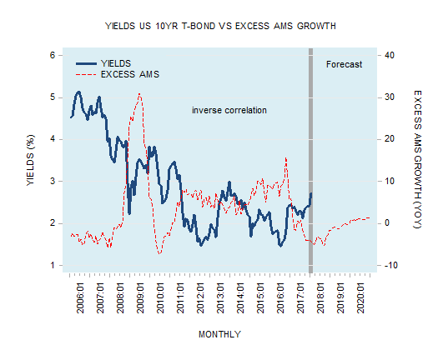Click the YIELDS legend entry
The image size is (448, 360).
[x=116, y=63]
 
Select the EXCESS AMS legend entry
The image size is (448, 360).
[x=129, y=74]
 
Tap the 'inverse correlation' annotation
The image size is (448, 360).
[x=229, y=110]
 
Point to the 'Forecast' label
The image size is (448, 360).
[x=344, y=64]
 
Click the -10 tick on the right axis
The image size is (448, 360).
[x=390, y=266]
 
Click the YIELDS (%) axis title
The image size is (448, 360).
[x=30, y=160]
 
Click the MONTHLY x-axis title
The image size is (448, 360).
[x=219, y=334]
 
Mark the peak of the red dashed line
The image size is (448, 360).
[x=139, y=94]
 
